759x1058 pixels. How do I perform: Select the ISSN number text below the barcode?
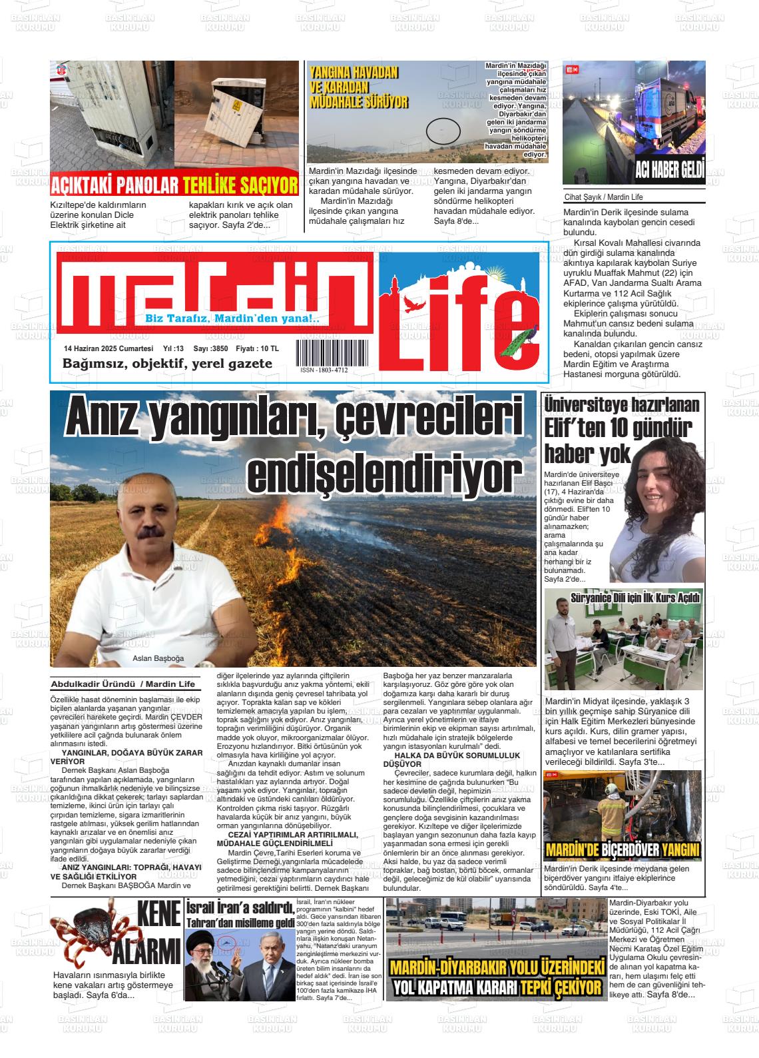[x=324, y=370]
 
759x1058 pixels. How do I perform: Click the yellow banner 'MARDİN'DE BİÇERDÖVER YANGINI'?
[x=623, y=850]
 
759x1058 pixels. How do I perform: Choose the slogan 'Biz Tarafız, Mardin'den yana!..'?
[x=232, y=319]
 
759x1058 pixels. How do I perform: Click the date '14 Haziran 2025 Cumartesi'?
[x=109, y=348]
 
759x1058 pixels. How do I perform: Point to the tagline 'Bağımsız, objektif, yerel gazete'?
[x=167, y=364]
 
